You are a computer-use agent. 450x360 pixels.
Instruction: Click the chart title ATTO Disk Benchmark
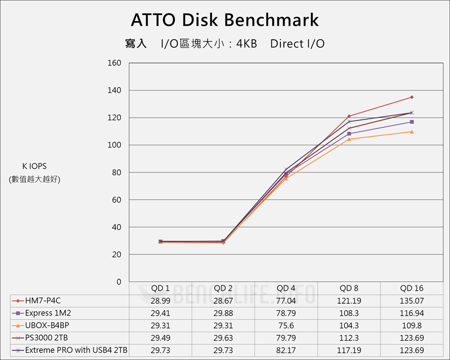coord(225,20)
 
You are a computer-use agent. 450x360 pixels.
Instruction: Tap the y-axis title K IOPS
coord(35,166)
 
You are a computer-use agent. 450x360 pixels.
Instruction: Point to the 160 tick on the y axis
coord(115,63)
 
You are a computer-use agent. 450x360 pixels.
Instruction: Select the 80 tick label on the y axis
coord(117,172)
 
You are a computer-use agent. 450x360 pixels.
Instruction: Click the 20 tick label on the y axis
coord(117,255)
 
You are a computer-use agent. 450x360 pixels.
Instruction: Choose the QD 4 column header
coord(286,288)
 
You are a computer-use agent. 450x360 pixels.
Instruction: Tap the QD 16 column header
coord(412,288)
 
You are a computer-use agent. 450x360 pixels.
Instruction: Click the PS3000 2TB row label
coord(46,337)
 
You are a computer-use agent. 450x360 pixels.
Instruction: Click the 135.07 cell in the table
coord(412,301)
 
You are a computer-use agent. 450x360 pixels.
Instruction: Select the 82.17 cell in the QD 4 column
coord(286,350)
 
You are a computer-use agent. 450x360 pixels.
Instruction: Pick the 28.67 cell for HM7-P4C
coord(223,301)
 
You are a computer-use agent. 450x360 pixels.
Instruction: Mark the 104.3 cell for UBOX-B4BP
coord(349,325)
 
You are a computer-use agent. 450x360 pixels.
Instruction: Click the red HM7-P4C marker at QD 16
coord(412,97)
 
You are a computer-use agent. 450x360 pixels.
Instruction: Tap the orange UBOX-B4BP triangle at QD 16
coord(412,131)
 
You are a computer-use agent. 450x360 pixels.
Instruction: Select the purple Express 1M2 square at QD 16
coord(412,122)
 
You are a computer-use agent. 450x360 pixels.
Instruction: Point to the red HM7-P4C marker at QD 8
coord(349,116)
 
